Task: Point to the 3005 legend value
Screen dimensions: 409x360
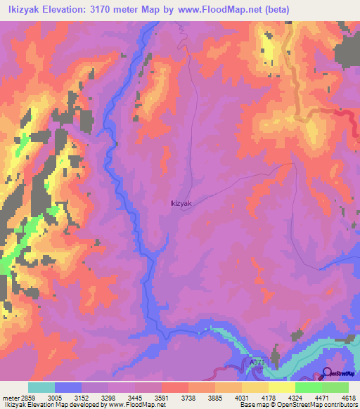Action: click(56, 397)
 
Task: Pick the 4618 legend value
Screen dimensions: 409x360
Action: click(349, 397)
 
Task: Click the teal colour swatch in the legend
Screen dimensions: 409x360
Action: click(41, 387)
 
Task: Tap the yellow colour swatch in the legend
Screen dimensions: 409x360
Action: click(281, 387)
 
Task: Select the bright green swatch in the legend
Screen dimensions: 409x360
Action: click(308, 387)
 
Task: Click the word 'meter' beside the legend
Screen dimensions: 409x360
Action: click(8, 397)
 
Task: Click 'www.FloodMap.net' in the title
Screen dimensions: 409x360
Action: click(215, 9)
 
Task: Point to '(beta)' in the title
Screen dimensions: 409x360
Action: click(271, 9)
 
